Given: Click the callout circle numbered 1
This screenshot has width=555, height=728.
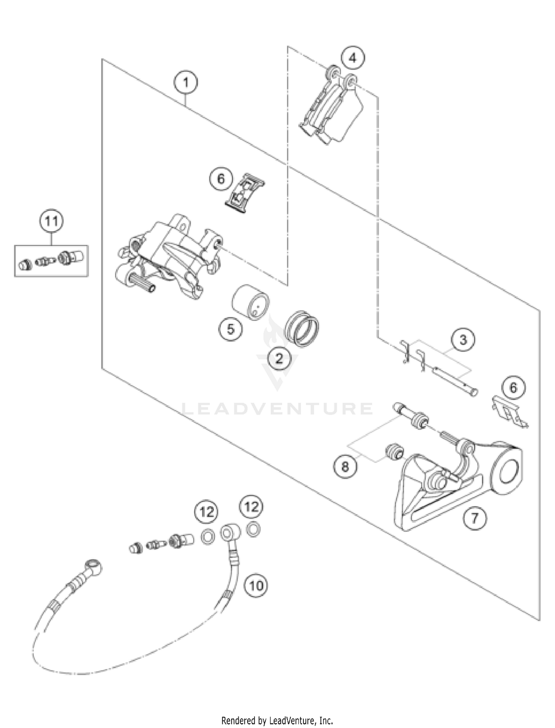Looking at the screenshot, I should click(186, 82).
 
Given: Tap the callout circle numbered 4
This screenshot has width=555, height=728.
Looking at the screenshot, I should click(353, 58).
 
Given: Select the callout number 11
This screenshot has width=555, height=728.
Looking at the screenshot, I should click(51, 221).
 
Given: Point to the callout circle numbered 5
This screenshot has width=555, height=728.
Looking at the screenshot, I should click(231, 328).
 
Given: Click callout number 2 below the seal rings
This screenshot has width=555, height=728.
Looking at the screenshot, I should click(279, 358).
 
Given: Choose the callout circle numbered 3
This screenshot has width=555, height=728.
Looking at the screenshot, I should click(463, 340).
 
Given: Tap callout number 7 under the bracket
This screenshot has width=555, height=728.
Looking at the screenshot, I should click(474, 518).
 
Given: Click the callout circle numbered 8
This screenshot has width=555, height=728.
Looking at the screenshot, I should click(345, 467).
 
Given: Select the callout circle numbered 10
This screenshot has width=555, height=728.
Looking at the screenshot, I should click(256, 586).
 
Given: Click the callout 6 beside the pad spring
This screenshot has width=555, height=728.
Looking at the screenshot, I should click(221, 179).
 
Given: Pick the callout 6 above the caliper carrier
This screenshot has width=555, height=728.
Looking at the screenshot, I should click(513, 388).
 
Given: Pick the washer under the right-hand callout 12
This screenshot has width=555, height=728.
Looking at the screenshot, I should click(253, 529).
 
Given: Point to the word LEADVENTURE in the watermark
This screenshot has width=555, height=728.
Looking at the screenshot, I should click(277, 409).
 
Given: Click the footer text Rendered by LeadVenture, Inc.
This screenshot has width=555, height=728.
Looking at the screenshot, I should click(277, 720).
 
